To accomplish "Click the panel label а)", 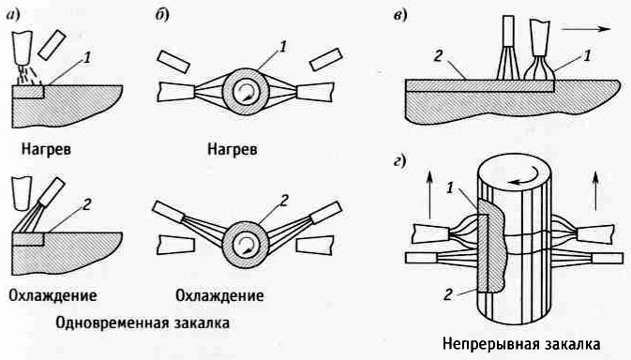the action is tap(13, 15).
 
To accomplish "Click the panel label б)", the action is tap(162, 15).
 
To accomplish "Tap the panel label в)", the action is tap(399, 16).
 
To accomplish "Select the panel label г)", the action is tap(398, 161).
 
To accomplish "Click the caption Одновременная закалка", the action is tap(143, 322).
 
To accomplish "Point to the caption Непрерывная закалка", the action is tap(521, 344).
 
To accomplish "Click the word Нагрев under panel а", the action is tap(46, 150).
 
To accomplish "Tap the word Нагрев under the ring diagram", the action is tap(233, 150).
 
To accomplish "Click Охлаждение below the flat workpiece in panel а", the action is tap(53, 295).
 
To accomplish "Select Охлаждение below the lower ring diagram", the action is tap(219, 295).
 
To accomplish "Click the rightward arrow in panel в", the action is tap(586, 29).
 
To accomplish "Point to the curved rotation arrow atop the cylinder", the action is tap(524, 179).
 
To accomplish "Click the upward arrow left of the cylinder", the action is tap(429, 194).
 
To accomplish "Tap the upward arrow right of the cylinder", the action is tap(595, 190).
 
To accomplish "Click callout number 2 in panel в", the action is tap(439, 55).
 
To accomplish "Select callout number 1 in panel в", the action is tap(588, 55).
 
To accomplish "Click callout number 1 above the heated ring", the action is tap(283, 47).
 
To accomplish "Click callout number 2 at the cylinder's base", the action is tap(449, 294).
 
